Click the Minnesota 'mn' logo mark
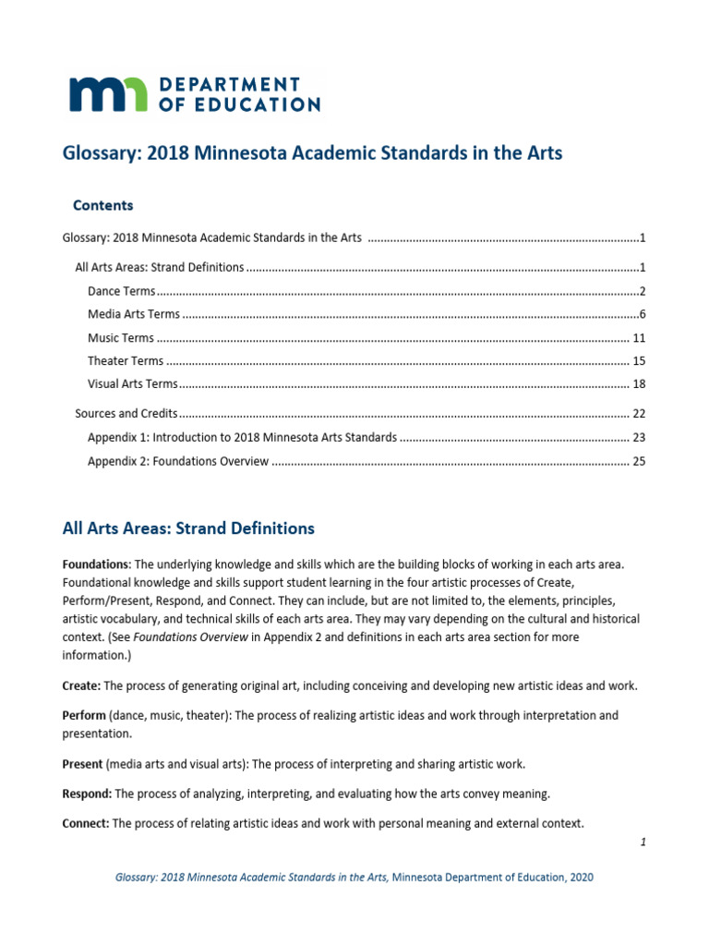pos(107,94)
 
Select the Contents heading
pos(102,205)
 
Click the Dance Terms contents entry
pos(121,291)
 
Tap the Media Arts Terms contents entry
pos(134,314)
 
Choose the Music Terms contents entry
pos(121,338)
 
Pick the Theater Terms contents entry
pos(126,361)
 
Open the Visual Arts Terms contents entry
pos(132,383)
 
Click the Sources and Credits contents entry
pos(126,414)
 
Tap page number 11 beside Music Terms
pos(638,338)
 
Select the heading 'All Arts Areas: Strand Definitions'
pos(188,528)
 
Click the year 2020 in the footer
pos(578,877)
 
